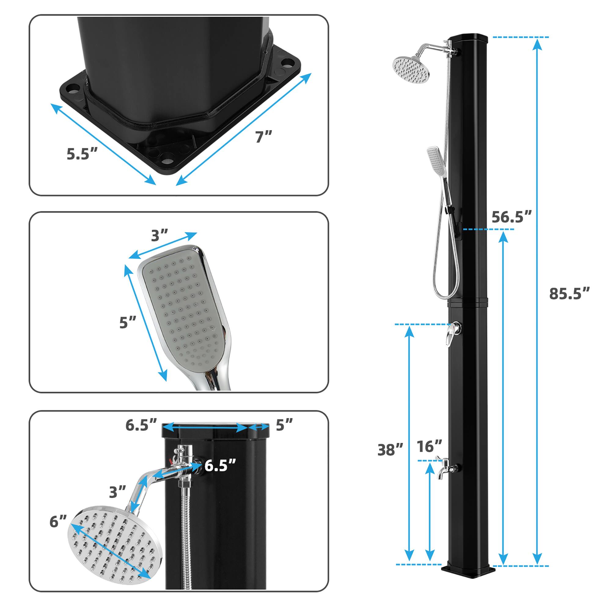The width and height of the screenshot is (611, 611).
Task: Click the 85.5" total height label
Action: coord(569,294)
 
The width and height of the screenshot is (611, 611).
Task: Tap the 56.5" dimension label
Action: coord(511,217)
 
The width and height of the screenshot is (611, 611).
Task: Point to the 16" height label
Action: coord(429,446)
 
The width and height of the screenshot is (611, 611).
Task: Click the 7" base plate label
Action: coord(264,137)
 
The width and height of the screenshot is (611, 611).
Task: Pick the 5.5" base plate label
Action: coord(82,154)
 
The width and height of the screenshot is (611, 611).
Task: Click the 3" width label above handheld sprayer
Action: coord(159,236)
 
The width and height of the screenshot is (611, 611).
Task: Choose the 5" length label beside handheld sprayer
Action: coord(127,323)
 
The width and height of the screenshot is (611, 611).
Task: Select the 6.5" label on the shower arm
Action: coord(220,465)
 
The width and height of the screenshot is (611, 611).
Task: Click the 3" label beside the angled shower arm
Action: coord(118,492)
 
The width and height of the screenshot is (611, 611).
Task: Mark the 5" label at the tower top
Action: coord(284,425)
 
